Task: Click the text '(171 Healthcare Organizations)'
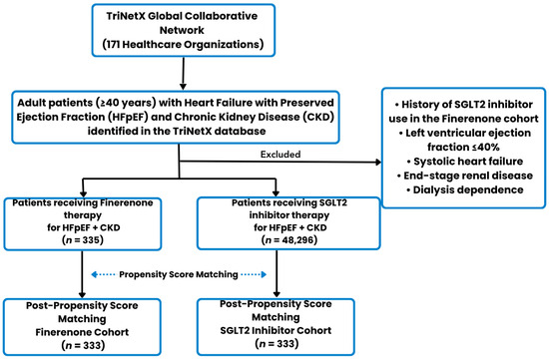183,45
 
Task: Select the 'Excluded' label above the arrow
280,155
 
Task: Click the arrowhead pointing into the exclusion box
378,162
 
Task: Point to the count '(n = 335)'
83,240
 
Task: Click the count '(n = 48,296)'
289,240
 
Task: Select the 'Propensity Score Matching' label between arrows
179,274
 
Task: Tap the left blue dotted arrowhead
94,274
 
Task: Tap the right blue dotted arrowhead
264,274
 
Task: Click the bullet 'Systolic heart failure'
465,162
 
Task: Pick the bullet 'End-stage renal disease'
465,176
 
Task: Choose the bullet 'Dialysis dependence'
465,189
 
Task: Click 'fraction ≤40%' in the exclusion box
463,147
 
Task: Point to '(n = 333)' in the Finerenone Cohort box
83,345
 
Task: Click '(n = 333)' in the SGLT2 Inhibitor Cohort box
276,344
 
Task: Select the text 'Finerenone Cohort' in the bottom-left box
82,332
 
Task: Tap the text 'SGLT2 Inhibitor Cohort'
275,330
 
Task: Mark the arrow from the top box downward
183,74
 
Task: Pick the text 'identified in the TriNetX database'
177,132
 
